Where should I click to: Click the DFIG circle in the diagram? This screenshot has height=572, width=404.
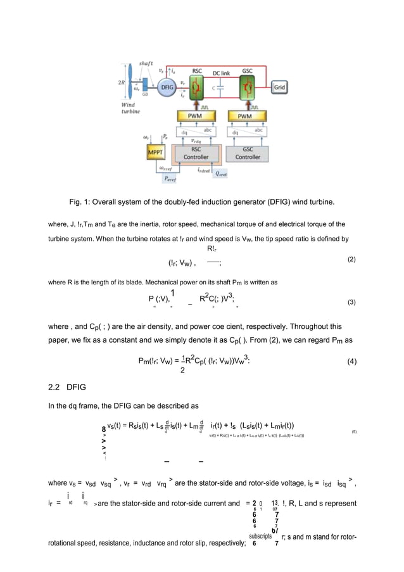[x=167, y=87]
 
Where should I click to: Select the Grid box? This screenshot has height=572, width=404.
[x=281, y=86]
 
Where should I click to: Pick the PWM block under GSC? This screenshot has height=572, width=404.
[x=248, y=117]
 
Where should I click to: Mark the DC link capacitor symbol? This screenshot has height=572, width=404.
[x=221, y=89]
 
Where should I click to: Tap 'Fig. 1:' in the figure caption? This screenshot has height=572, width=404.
[x=80, y=201]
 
